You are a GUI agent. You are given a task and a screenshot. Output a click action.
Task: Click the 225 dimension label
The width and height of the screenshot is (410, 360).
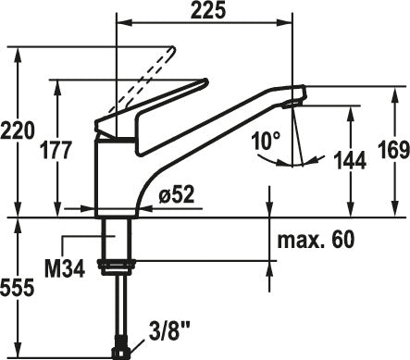[208, 11]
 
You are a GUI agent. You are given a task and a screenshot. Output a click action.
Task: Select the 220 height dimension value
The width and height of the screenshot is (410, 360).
[18, 130]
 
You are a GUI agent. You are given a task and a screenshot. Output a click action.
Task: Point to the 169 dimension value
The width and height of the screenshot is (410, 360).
[394, 150]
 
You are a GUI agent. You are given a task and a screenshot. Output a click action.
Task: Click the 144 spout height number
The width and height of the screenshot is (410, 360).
[351, 160]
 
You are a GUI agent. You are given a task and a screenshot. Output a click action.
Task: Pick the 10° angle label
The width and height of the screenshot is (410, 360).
[266, 141]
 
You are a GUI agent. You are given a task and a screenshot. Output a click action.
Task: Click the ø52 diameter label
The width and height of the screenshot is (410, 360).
[177, 194]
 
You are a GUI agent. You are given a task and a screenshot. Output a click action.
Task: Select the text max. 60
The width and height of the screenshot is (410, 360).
[316, 240]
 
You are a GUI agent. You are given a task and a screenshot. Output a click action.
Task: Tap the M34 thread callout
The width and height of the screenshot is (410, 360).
[65, 268]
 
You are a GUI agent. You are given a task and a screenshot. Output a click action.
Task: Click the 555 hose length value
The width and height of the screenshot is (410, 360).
[18, 289]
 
